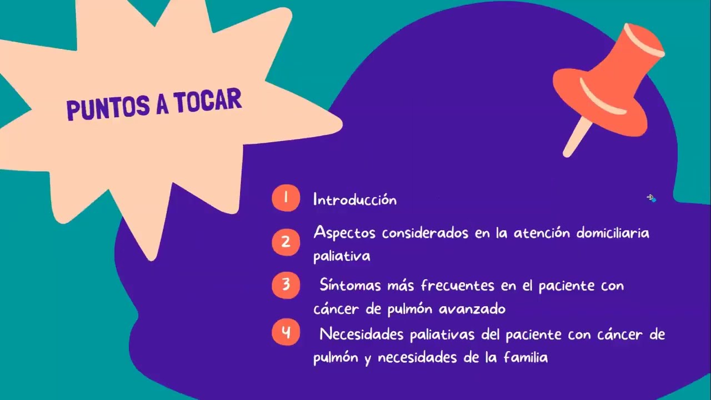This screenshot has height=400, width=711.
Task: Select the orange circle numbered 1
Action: point(286,198)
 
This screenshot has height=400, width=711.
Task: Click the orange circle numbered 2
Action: point(286,242)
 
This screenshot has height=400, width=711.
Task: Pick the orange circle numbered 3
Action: point(286,285)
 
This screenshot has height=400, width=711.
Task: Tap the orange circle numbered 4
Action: point(286,333)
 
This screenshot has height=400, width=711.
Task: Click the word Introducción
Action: point(355,199)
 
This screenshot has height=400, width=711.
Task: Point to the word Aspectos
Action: point(344,233)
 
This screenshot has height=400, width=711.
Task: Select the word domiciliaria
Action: point(612,232)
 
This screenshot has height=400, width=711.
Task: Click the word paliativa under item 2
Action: point(342,256)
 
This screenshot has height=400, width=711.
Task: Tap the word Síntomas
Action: point(351,286)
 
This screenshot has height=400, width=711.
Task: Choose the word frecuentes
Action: point(457,286)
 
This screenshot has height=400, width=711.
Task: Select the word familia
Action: point(525,357)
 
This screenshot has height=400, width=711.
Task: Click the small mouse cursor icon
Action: point(650,197)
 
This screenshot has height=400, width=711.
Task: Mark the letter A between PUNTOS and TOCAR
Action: point(162,104)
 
